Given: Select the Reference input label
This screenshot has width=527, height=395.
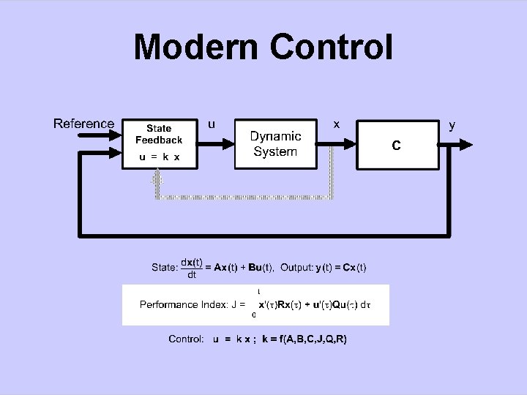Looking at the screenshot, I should coord(83,124).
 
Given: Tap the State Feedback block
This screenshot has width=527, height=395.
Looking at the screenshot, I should coord(159,143).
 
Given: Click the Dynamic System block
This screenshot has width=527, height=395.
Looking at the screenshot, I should coord(275,143).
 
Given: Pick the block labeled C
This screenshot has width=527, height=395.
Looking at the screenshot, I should coord(395,146).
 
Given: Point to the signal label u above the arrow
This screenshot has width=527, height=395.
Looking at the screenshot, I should coord(212,124).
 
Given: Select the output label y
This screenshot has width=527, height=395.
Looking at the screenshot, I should coord(452,124).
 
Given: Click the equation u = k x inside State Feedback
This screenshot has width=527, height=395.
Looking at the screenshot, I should coord(159,157).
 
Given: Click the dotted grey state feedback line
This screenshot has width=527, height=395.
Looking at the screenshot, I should coord(242,197).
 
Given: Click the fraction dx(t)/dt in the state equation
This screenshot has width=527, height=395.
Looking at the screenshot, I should coord(192,268).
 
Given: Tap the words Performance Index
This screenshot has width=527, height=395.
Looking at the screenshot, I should coord(179,304).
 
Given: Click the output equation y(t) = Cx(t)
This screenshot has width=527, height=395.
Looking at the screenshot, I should coord(341,268).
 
